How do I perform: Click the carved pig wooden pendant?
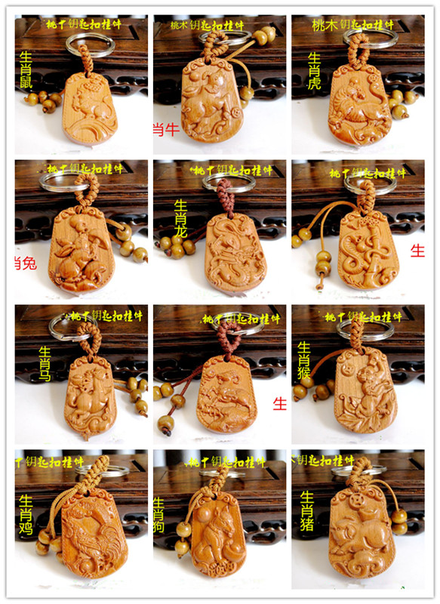pos(361,536)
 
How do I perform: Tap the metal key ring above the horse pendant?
pos(72,326)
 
